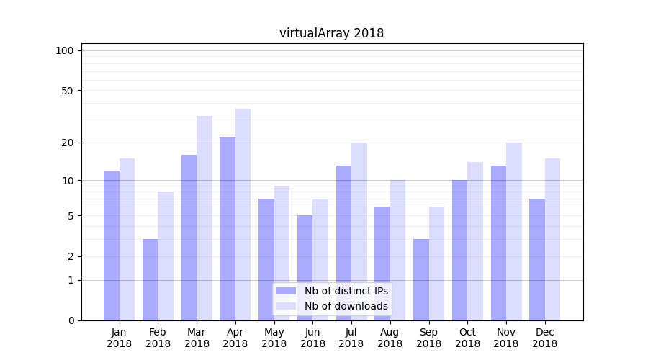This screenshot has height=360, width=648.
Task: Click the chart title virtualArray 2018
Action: point(331,33)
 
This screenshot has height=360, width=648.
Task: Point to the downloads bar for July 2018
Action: point(359,231)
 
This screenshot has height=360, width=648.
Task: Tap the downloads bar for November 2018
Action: point(513,231)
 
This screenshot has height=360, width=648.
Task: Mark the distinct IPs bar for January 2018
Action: point(112,246)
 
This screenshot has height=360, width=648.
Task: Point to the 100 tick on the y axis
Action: point(65,50)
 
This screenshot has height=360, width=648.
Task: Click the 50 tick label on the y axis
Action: point(68,91)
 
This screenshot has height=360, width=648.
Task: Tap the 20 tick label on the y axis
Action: point(68,143)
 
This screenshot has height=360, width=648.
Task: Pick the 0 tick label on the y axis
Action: point(71,320)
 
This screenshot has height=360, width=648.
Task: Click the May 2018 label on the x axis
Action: point(274,338)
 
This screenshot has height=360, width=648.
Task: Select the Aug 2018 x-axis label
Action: point(390,338)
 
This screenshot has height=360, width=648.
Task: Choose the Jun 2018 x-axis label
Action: point(312,338)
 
